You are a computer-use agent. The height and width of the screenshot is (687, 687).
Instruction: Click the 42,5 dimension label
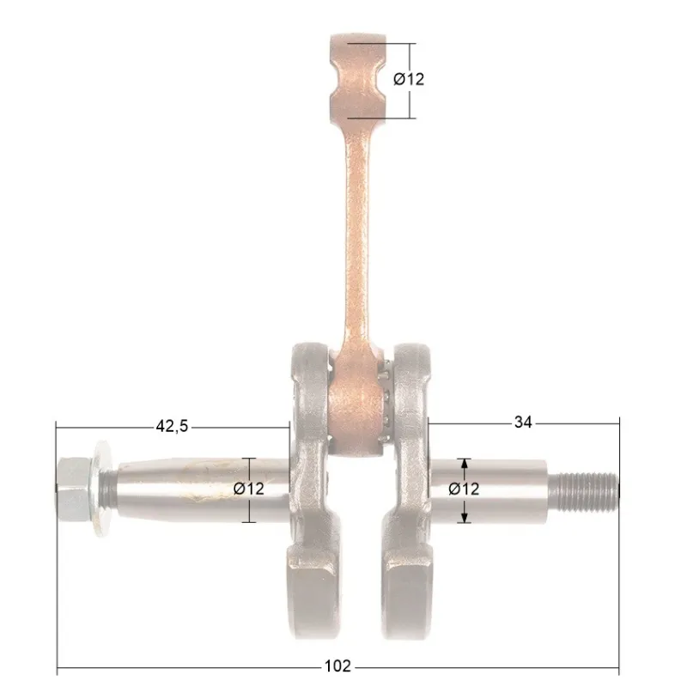pos(172,426)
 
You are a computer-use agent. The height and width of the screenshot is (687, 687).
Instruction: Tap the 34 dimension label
pos(523,423)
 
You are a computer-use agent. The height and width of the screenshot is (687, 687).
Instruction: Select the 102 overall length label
pos(337,666)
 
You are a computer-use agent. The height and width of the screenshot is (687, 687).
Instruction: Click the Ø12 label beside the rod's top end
pos(409,79)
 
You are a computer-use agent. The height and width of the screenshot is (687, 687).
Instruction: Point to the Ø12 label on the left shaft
pos(248,489)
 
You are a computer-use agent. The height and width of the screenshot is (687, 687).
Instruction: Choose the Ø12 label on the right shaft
pos(464,489)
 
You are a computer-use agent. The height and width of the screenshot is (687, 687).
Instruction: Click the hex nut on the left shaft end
pos(74,488)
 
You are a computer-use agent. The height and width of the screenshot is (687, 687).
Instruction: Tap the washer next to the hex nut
pos(101,489)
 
